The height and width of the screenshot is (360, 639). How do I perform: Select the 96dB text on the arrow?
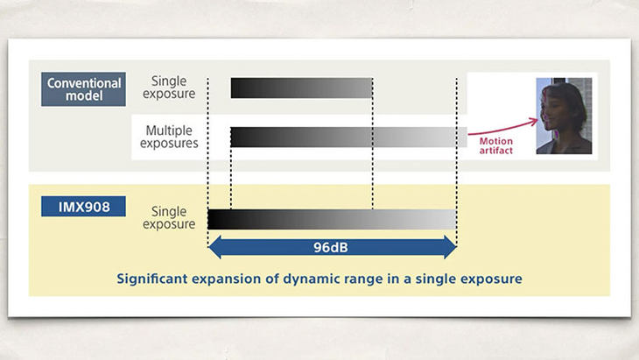[x=332, y=248]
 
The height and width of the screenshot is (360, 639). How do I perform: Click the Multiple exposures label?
[x=172, y=136]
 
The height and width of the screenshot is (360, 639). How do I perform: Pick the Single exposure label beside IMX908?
[x=173, y=217]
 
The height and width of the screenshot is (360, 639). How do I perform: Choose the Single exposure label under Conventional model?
[x=173, y=88]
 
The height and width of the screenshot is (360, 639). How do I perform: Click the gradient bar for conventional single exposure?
[x=302, y=88]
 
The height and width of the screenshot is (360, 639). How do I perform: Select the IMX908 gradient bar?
[x=332, y=219]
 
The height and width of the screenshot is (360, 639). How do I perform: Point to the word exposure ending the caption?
[x=493, y=279]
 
